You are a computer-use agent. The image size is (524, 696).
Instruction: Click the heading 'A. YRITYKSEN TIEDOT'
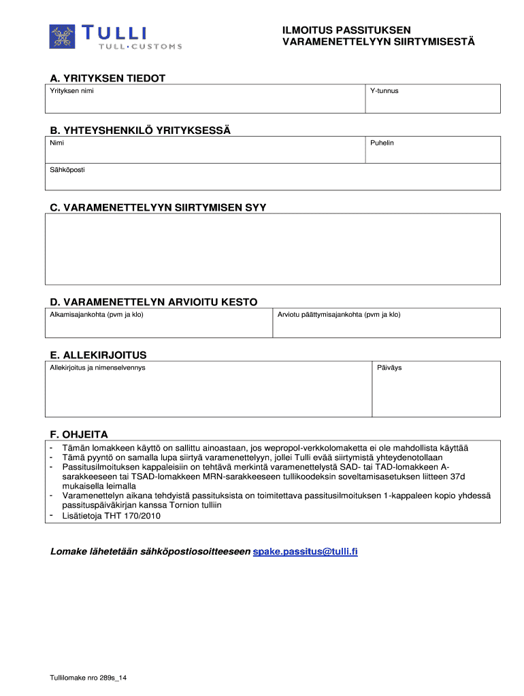[108, 78]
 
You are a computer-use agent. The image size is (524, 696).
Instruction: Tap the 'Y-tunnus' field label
[384, 90]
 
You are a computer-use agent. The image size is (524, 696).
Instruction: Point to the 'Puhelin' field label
[382, 143]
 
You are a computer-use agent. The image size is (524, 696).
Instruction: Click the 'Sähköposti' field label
[67, 169]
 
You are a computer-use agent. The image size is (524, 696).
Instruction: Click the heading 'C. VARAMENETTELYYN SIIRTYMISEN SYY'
[158, 207]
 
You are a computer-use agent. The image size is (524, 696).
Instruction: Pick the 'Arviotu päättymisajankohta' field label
[339, 315]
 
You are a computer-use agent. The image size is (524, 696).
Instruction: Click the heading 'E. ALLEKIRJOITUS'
[98, 355]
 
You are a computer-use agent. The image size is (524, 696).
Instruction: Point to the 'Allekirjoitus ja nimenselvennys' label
[97, 368]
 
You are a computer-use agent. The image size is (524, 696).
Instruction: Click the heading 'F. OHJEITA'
[79, 434]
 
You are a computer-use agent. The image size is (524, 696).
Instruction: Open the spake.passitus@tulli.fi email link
[305, 551]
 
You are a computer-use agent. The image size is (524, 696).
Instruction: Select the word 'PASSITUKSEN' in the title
[370, 31]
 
